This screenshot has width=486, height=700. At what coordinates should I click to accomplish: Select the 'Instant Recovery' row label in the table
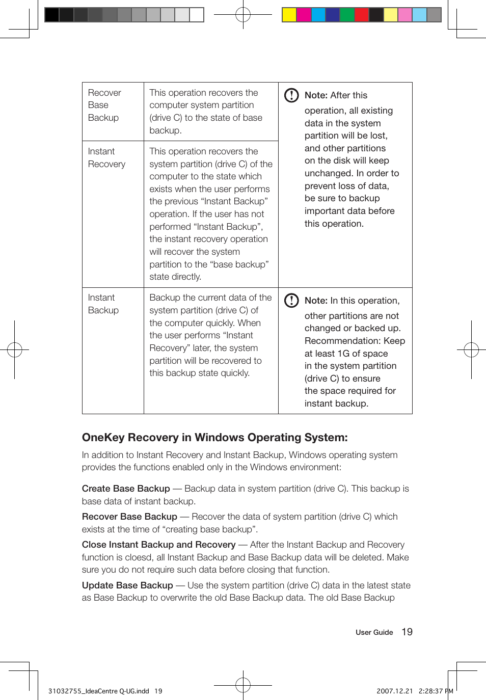(x=106, y=158)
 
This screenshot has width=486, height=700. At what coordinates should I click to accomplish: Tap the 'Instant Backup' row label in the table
(x=103, y=304)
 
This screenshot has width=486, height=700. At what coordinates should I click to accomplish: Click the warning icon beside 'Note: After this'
(x=291, y=95)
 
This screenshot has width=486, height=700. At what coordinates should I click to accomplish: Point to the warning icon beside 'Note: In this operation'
(x=291, y=301)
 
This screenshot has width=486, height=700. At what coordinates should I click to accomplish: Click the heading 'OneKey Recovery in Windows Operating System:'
(x=214, y=438)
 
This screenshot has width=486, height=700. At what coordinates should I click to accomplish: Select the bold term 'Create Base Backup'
(x=126, y=489)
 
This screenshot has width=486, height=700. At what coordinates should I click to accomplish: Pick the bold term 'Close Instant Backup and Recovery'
(x=158, y=545)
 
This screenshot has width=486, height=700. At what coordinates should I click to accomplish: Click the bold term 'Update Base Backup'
(x=127, y=585)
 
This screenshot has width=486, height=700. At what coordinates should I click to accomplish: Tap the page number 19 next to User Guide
(x=407, y=632)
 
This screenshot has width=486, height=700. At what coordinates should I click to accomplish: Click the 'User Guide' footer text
(x=374, y=633)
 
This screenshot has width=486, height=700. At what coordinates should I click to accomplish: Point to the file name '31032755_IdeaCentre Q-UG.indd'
(x=98, y=691)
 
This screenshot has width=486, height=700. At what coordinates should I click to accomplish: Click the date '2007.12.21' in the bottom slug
(x=394, y=691)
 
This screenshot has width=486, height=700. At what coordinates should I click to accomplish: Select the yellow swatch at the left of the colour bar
(x=289, y=15)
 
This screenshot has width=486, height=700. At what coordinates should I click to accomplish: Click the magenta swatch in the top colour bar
(x=304, y=15)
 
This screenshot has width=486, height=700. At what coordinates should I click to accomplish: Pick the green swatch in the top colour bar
(x=347, y=15)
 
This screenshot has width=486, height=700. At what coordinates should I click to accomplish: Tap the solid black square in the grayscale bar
(x=52, y=15)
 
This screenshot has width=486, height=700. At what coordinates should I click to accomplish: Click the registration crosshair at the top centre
(x=243, y=15)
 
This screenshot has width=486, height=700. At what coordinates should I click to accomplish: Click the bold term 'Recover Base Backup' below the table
(x=129, y=517)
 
